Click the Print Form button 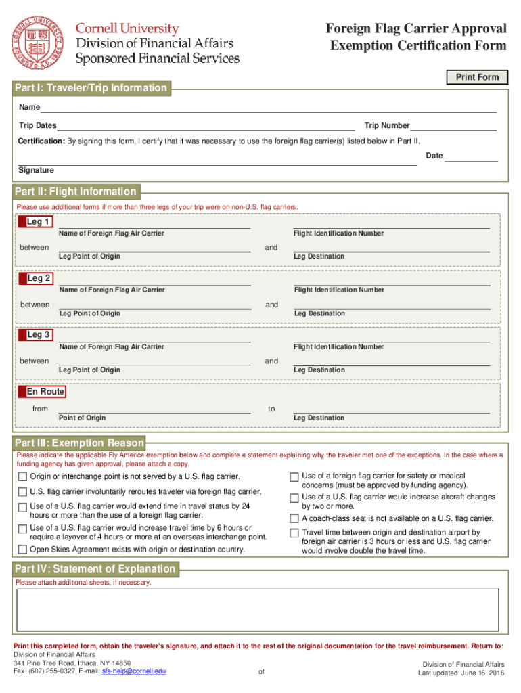click(477, 77)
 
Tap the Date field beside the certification click(472, 156)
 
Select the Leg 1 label click(38, 222)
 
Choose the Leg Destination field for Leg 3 click(392, 360)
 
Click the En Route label click(45, 392)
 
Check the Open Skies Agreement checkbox click(22, 550)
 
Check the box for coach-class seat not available click(294, 519)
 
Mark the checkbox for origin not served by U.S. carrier click(22, 478)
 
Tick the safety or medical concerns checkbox click(294, 476)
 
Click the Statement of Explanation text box click(258, 610)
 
